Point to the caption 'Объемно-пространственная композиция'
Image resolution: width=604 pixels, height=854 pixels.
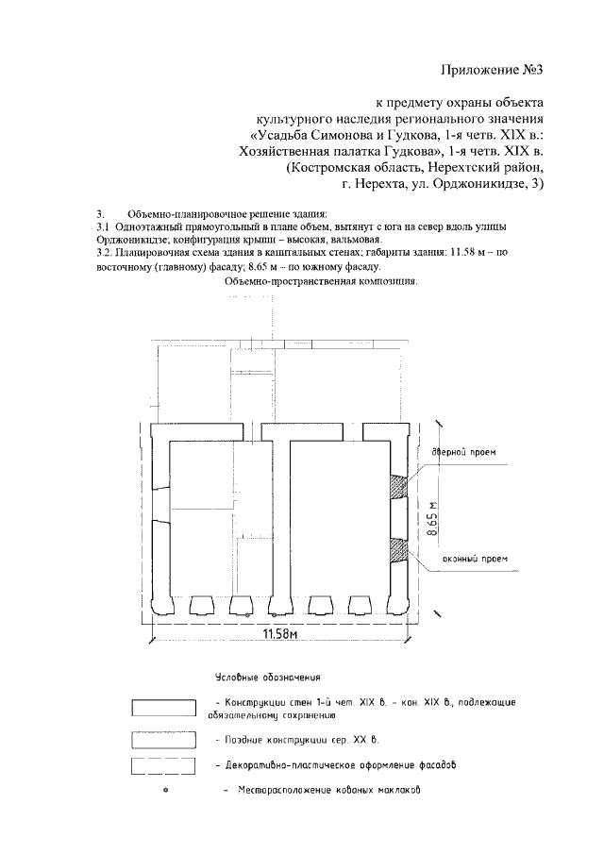pos(321,281)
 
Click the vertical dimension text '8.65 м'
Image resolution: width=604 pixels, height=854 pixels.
pos(433,518)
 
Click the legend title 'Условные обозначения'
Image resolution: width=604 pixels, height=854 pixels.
pos(269,678)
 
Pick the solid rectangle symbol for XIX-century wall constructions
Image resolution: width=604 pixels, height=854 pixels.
pos(163,709)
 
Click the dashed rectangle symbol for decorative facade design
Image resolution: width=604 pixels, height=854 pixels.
pos(163,764)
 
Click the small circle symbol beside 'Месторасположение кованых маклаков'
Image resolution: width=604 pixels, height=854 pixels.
pos(166,789)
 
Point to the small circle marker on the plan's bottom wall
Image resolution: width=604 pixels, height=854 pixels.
pos(247,614)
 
